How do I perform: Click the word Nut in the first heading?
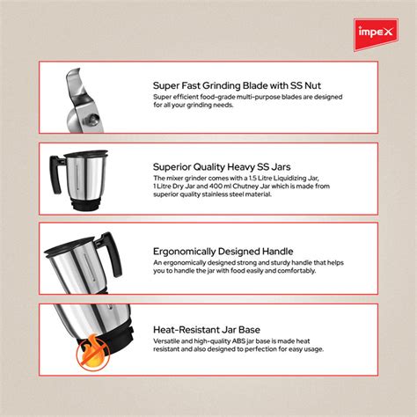[x=332, y=85]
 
